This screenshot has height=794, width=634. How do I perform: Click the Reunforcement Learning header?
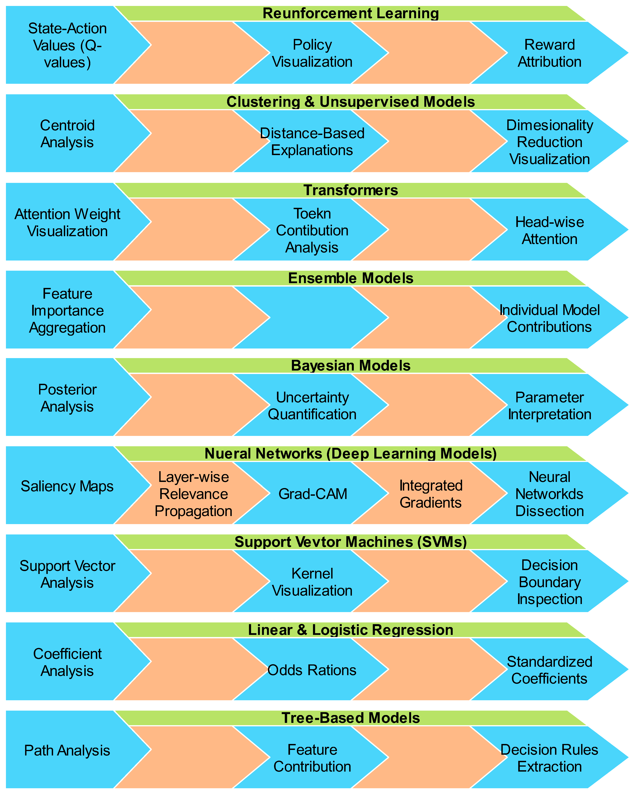(351, 13)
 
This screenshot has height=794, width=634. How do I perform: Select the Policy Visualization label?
(312, 53)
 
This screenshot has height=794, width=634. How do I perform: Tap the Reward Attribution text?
(549, 53)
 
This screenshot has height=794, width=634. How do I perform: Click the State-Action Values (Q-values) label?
(67, 45)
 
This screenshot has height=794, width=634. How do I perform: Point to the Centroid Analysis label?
(67, 134)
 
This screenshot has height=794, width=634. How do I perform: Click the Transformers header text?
(351, 190)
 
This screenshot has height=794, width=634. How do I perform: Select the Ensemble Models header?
(351, 278)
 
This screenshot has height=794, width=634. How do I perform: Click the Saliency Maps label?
(67, 486)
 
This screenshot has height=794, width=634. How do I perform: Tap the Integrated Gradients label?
(431, 494)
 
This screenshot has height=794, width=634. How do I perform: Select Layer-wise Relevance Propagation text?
(194, 494)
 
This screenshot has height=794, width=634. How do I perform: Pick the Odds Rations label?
(312, 670)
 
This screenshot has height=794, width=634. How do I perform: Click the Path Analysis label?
(67, 750)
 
